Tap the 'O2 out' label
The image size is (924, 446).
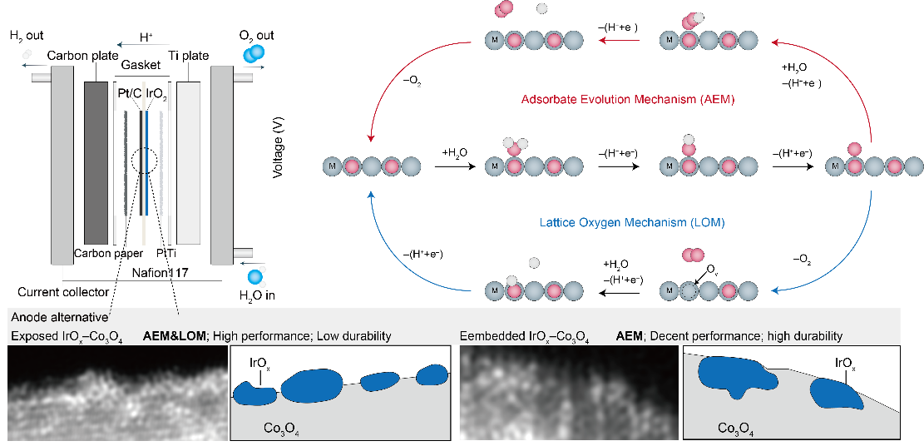(256, 36)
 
